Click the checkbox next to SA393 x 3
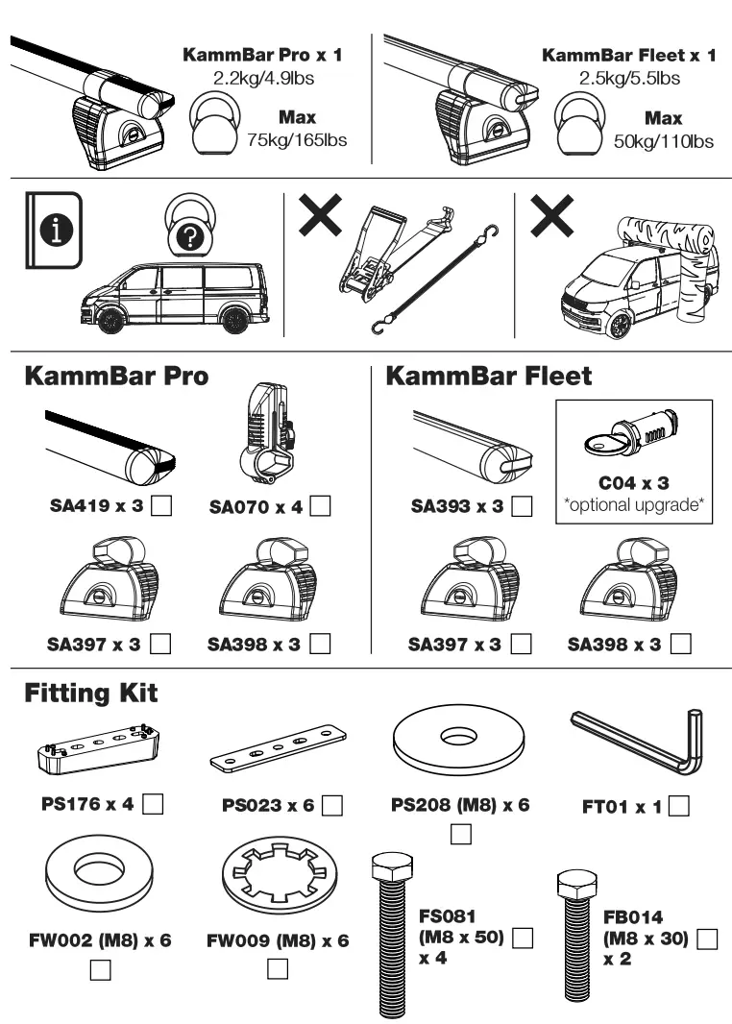tap(523, 505)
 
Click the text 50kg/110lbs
tap(663, 141)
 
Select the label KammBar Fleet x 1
tap(629, 56)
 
